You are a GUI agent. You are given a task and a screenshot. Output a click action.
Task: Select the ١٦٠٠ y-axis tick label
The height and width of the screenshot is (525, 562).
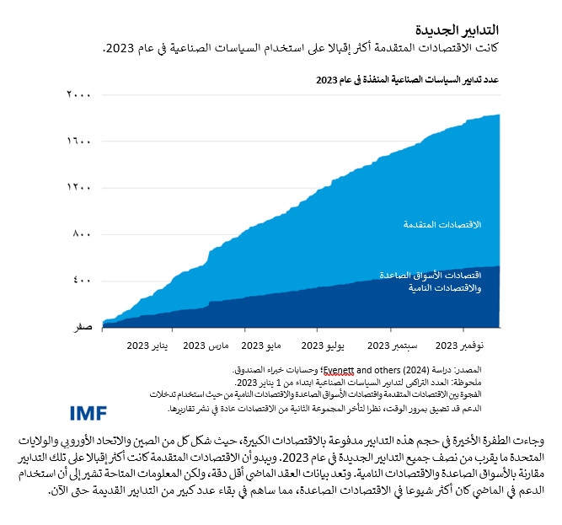pyautogui.click(x=78, y=142)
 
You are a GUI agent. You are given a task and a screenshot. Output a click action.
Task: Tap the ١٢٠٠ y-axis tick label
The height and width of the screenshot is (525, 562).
pyautogui.click(x=78, y=187)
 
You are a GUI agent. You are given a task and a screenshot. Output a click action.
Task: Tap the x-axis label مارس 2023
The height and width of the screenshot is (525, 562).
pyautogui.click(x=206, y=346)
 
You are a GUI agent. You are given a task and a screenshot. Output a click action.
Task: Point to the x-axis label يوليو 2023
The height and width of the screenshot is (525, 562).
pyautogui.click(x=324, y=346)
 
